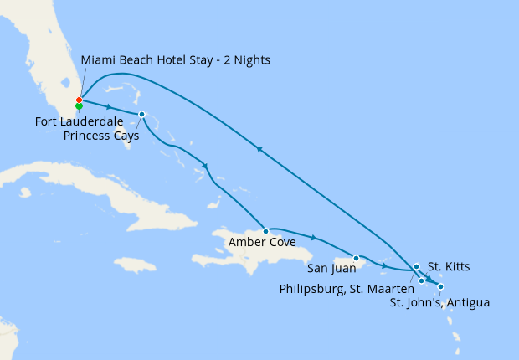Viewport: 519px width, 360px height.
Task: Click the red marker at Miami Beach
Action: [79, 100]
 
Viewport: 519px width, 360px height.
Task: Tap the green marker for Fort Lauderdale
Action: [79, 107]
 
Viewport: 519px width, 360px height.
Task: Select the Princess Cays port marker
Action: [141, 114]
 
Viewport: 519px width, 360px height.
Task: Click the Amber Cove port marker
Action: [265, 230]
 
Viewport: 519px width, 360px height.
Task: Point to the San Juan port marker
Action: [356, 258]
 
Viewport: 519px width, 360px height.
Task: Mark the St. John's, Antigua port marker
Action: [441, 287]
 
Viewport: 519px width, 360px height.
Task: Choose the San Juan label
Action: [330, 269]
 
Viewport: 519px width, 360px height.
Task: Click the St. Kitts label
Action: [449, 267]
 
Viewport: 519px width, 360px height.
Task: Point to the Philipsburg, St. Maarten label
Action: [347, 289]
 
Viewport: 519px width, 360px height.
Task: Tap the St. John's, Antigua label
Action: [439, 303]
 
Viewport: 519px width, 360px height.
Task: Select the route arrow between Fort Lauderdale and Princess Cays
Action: [110, 106]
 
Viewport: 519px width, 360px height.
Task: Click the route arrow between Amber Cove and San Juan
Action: [313, 237]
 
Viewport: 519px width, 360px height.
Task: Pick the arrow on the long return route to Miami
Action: [259, 149]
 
